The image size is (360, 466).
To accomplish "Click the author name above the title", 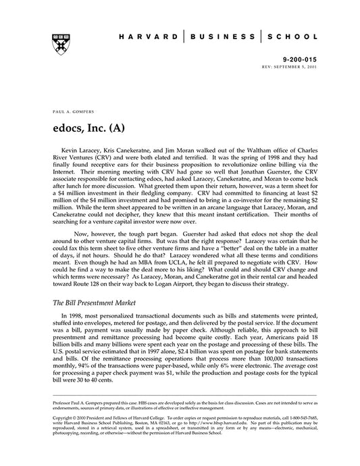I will pyautogui.click(x=69, y=109).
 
